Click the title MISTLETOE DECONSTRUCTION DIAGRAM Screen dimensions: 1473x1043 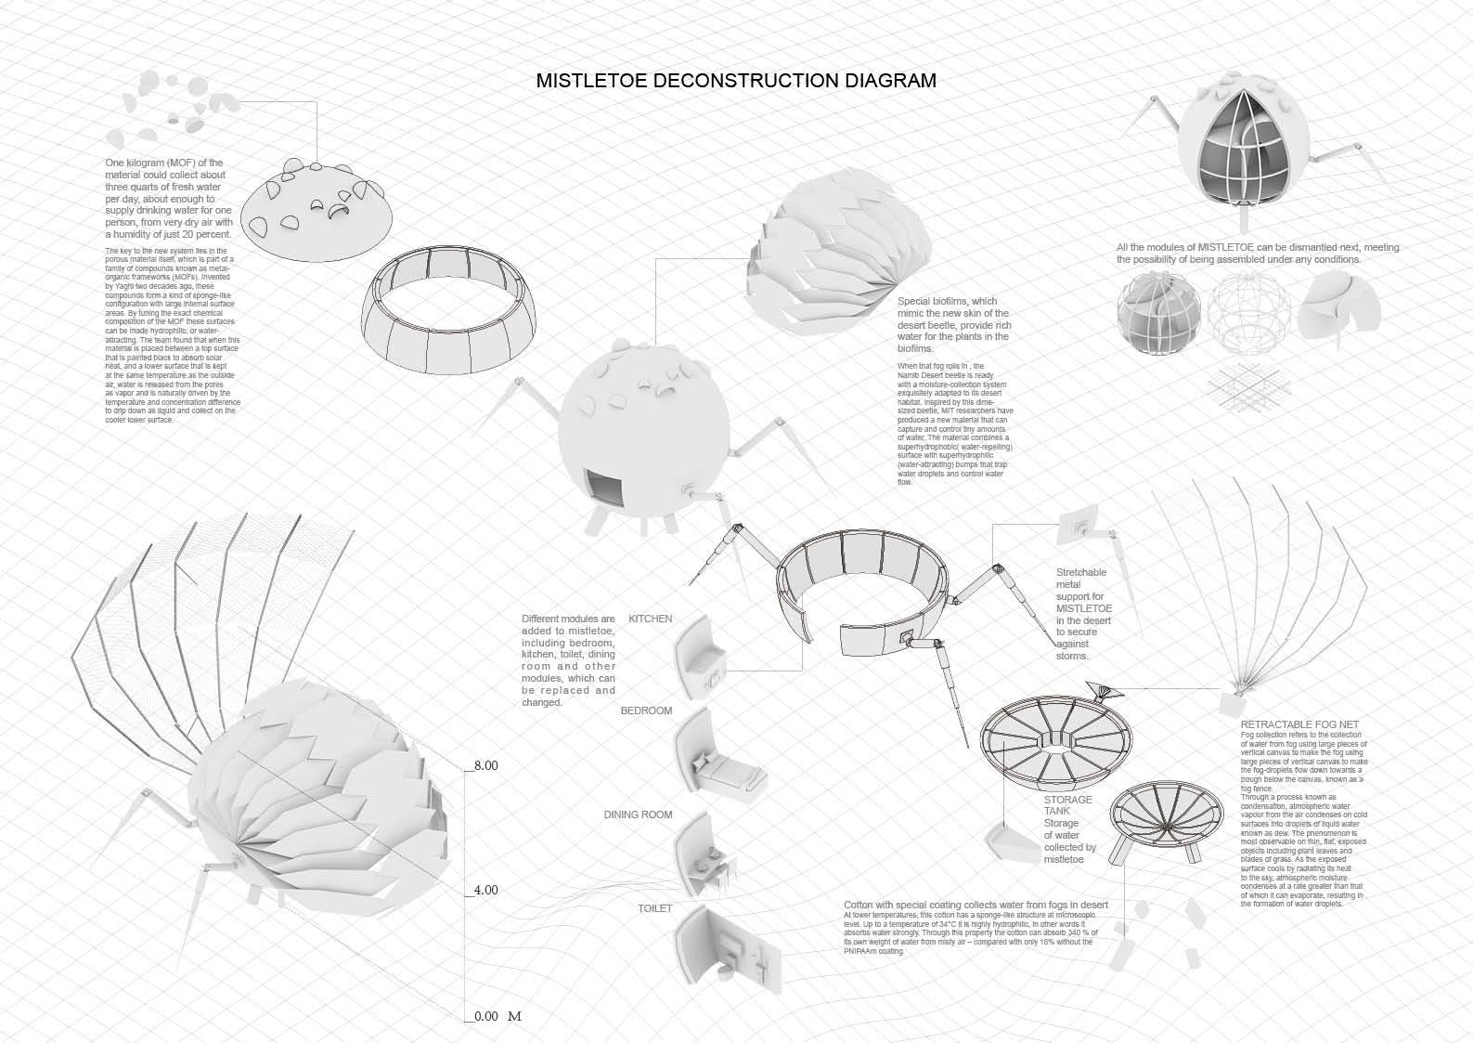tap(736, 81)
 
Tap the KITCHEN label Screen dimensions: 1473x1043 tap(650, 619)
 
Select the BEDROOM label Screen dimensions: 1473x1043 tap(645, 711)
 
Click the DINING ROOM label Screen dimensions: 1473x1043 tap(638, 815)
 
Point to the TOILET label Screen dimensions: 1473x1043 tap(654, 907)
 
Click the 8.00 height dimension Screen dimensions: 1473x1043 tap(486, 765)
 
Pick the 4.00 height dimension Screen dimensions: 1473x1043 tap(486, 890)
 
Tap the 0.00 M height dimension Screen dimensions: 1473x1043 tap(497, 1016)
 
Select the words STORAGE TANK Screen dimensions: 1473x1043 tap(1067, 805)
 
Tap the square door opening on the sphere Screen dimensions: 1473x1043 tap(602, 487)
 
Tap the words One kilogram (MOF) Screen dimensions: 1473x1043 tap(164, 163)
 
